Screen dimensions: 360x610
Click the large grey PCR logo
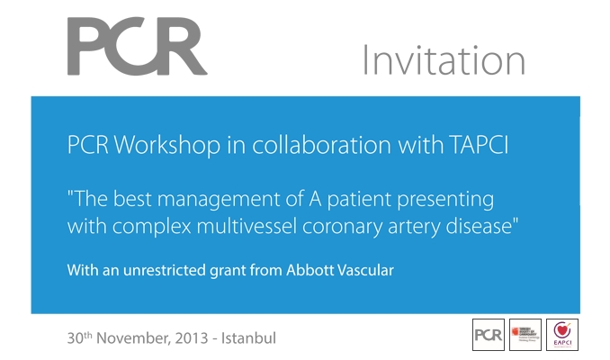pos(136,47)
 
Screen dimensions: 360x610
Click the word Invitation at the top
pos(443,61)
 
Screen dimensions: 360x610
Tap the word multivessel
pos(240,226)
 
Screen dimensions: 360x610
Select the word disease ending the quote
pos(480,226)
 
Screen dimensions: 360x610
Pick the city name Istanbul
pos(250,339)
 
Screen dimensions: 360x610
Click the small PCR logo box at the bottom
pos(489,335)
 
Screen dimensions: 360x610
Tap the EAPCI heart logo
pos(562,335)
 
